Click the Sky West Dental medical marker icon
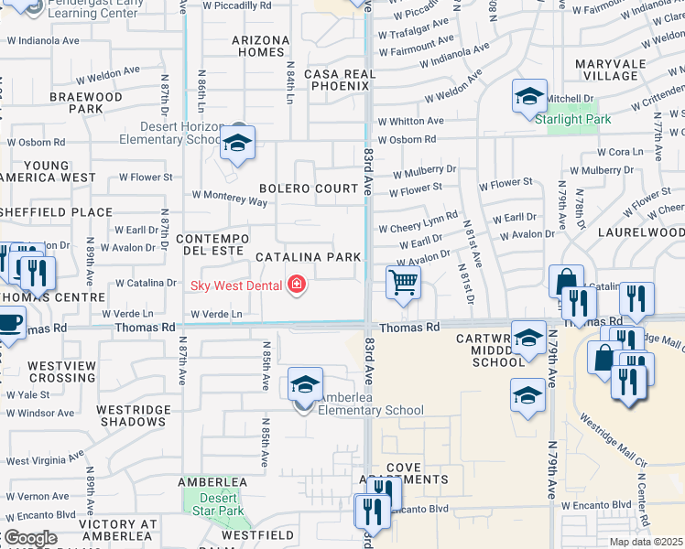point(296,285)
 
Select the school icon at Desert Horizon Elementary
point(237,143)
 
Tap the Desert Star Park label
point(212,511)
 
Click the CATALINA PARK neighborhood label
point(308,257)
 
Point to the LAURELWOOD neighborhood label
point(641,233)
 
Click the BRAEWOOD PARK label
point(86,102)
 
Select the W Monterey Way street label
point(229,195)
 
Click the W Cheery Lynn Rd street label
point(425,221)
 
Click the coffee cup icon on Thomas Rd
point(9,324)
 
